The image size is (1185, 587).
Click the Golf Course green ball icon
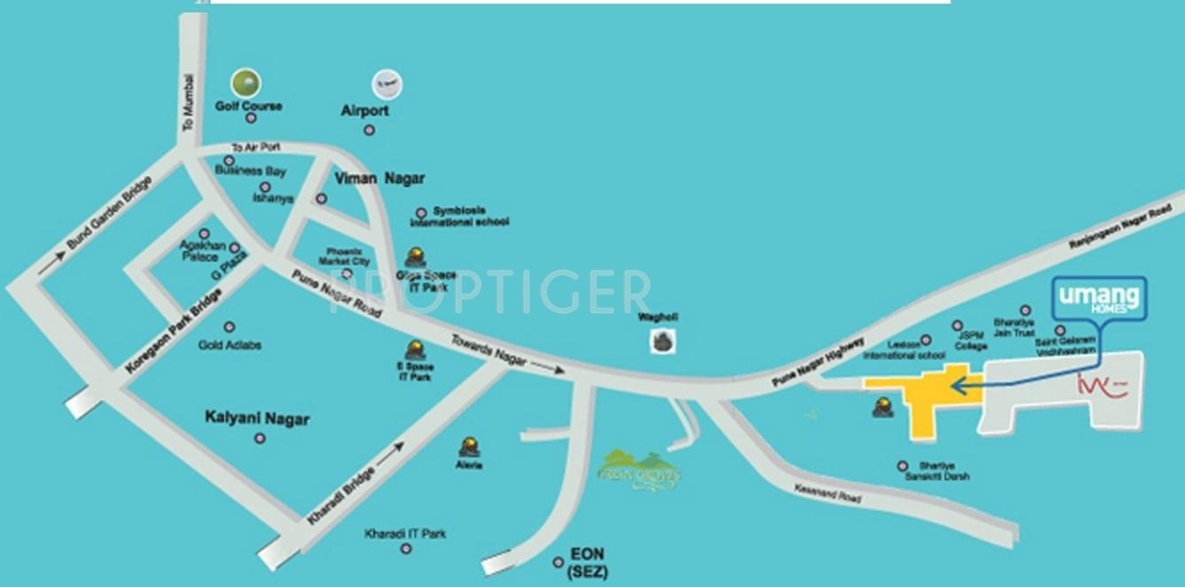[x=246, y=82]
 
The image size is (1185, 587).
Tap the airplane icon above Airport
[x=387, y=84]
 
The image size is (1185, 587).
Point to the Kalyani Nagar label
[x=257, y=418]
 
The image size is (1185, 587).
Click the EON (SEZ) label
[x=587, y=565]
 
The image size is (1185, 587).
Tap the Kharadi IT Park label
[x=405, y=534]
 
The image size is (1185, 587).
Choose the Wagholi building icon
[x=661, y=340]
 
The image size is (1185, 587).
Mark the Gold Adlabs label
[x=230, y=344]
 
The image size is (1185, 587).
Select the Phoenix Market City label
[x=347, y=256]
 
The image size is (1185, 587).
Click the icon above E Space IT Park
[x=414, y=349]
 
